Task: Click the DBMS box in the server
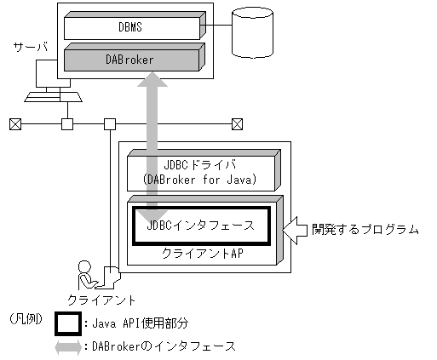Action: click(130, 26)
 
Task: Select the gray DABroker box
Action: click(130, 60)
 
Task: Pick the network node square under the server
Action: click(67, 124)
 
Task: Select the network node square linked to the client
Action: click(109, 124)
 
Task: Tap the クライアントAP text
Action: click(202, 254)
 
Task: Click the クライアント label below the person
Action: click(101, 300)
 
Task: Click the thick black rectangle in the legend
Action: click(70, 324)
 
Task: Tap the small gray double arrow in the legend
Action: click(70, 347)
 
